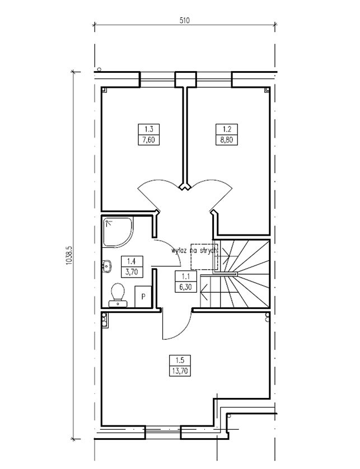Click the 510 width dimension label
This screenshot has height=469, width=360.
(x=185, y=20)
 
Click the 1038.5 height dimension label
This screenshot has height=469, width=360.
(x=69, y=255)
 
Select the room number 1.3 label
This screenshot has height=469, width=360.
(x=149, y=129)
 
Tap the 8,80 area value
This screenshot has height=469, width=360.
(x=227, y=140)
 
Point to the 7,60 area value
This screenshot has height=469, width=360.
(x=149, y=140)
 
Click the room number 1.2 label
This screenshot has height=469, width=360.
(x=227, y=129)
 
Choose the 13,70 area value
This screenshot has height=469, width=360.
(x=180, y=371)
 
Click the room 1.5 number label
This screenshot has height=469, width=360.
(x=180, y=360)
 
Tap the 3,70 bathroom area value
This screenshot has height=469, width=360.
(x=132, y=271)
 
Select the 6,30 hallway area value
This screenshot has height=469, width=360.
(x=186, y=287)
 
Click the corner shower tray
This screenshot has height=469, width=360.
(x=118, y=232)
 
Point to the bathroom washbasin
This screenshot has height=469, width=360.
(x=107, y=266)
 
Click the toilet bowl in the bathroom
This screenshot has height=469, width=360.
(x=118, y=294)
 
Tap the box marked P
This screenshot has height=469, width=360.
(x=143, y=297)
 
